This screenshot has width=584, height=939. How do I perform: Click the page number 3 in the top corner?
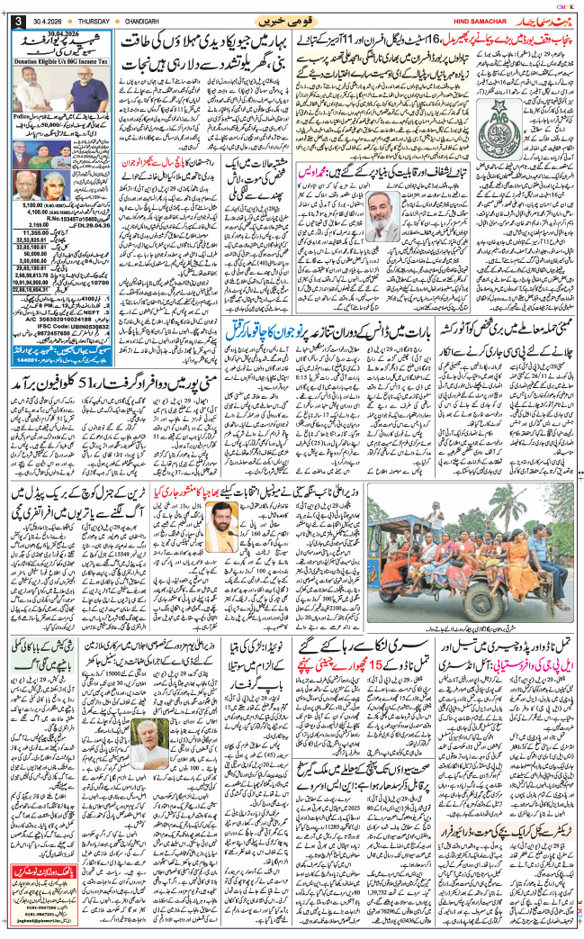pyautogui.click(x=13, y=21)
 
